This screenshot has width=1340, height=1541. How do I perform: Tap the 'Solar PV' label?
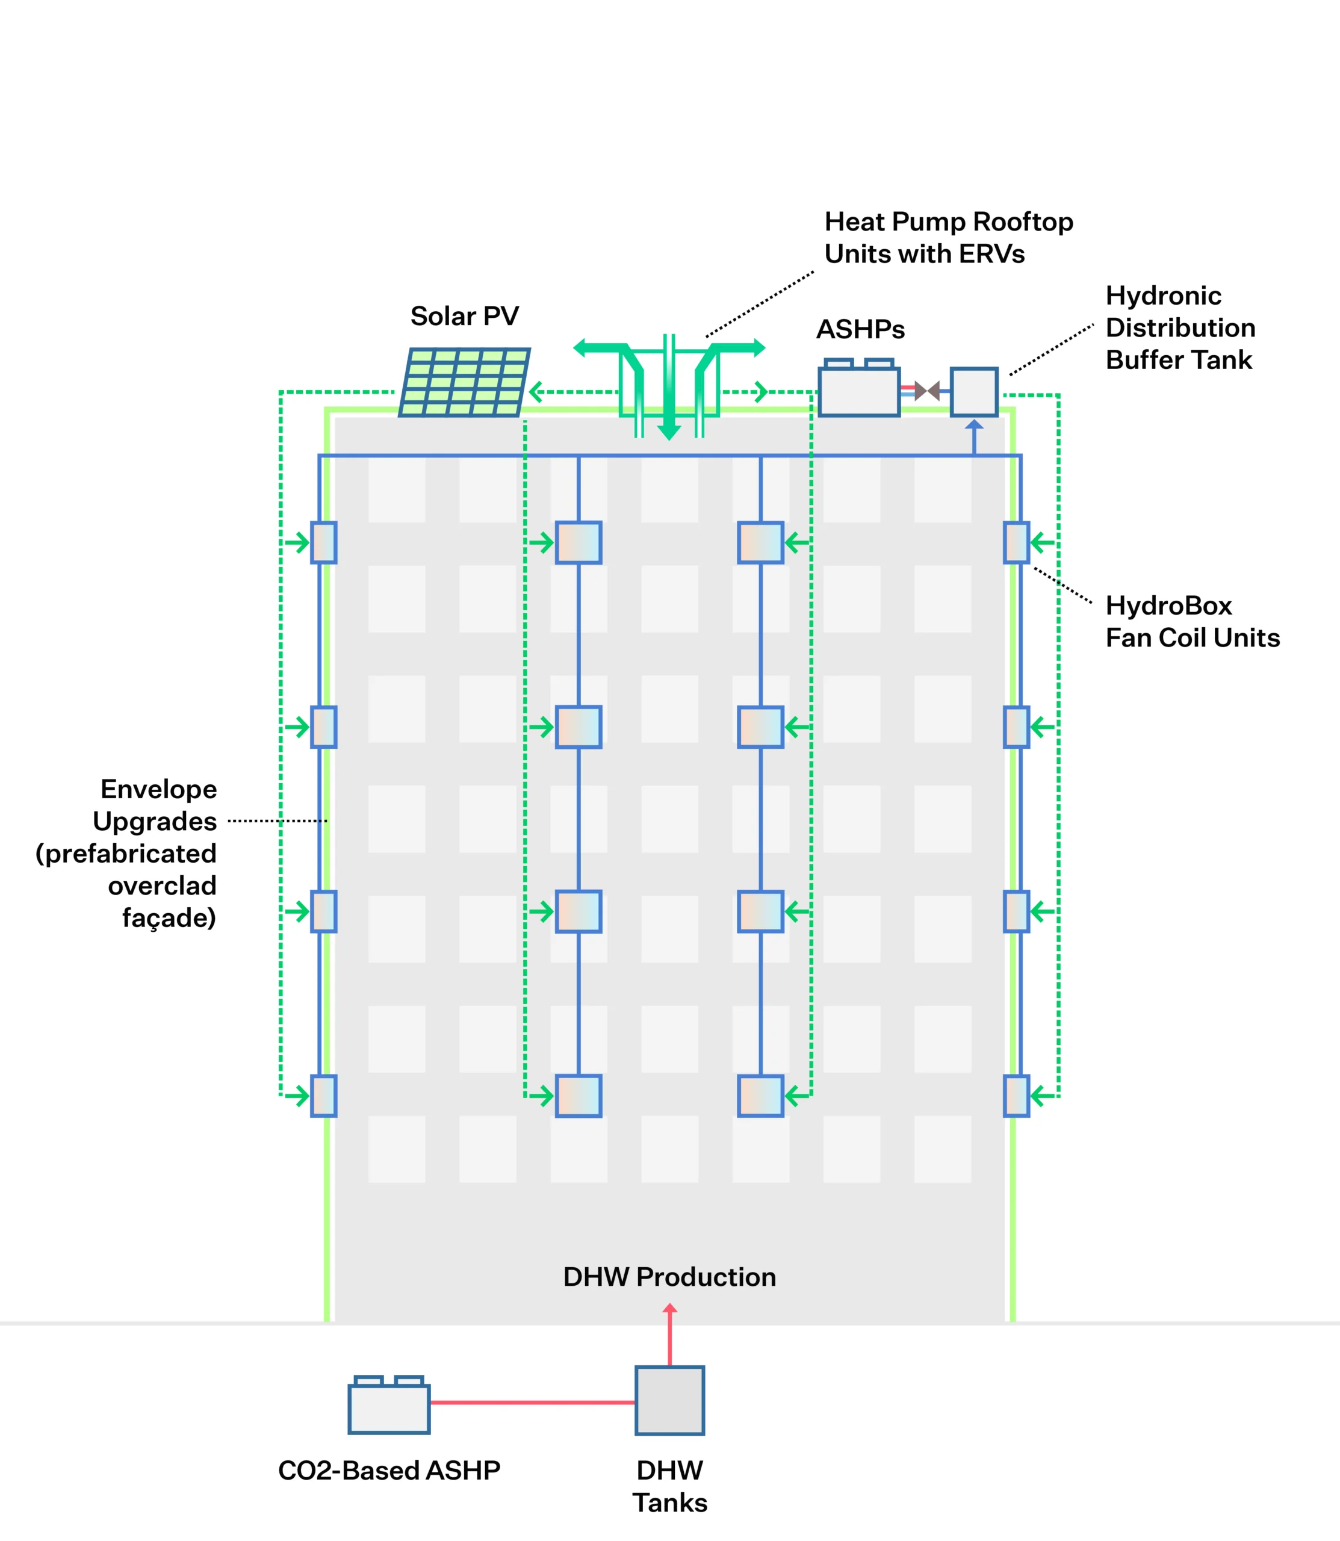pyautogui.click(x=464, y=316)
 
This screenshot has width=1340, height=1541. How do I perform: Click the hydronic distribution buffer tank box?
pyautogui.click(x=973, y=391)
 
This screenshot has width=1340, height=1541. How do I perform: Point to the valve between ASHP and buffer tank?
pyautogui.click(x=927, y=391)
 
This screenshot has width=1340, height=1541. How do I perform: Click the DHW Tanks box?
pyautogui.click(x=669, y=1400)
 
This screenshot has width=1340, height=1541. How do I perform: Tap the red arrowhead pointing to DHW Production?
pyautogui.click(x=670, y=1309)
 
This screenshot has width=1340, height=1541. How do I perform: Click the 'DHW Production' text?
pyautogui.click(x=669, y=1277)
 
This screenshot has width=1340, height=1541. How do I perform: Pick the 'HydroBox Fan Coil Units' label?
pyautogui.click(x=1193, y=621)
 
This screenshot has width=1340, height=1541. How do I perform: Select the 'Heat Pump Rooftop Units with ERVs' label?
pyautogui.click(x=948, y=238)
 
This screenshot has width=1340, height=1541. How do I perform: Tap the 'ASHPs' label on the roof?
pyautogui.click(x=860, y=329)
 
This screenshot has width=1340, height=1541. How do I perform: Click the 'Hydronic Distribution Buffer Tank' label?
pyautogui.click(x=1180, y=327)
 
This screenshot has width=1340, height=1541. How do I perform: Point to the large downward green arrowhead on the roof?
pyautogui.click(x=669, y=432)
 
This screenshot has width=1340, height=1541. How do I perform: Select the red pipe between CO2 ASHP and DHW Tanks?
pyautogui.click(x=532, y=1403)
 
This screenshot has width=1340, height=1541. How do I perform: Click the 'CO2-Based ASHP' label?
pyautogui.click(x=389, y=1470)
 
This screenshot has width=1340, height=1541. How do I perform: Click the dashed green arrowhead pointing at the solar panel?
pyautogui.click(x=535, y=391)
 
